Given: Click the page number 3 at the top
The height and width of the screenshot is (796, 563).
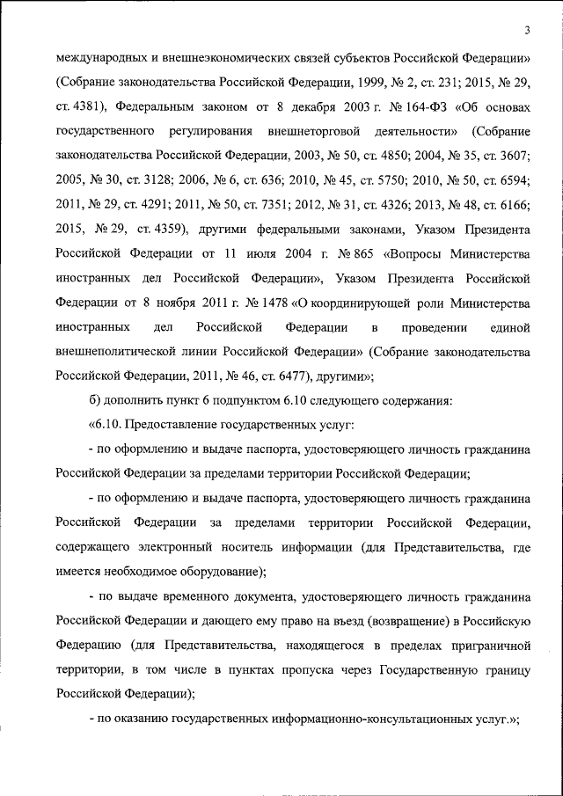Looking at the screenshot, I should (x=526, y=32).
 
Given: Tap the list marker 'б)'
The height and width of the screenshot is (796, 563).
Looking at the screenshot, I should (x=96, y=401).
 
